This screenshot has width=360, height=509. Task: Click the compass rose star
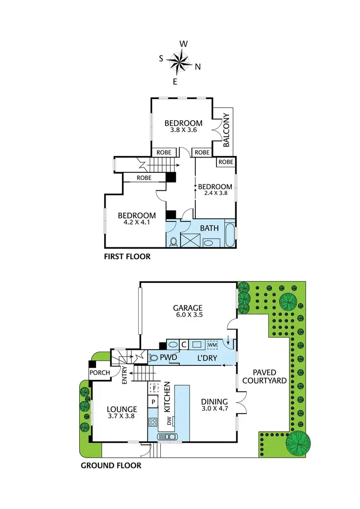click(180, 61)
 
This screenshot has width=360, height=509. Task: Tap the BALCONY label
click(227, 129)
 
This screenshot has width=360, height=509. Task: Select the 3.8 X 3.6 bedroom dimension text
click(183, 130)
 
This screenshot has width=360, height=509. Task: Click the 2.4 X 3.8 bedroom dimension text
click(215, 194)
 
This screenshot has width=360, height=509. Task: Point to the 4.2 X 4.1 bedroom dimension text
click(137, 223)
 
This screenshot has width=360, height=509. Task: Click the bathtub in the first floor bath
click(230, 236)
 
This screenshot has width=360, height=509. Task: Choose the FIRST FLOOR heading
click(127, 257)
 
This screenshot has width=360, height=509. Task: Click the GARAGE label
click(188, 308)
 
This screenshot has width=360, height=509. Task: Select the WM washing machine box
click(212, 345)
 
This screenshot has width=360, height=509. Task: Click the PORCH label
click(100, 373)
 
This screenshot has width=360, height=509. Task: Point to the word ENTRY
click(124, 375)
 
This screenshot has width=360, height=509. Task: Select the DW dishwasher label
click(168, 421)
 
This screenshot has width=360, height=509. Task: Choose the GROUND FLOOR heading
click(111, 465)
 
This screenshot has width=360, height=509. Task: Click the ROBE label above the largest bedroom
click(144, 178)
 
